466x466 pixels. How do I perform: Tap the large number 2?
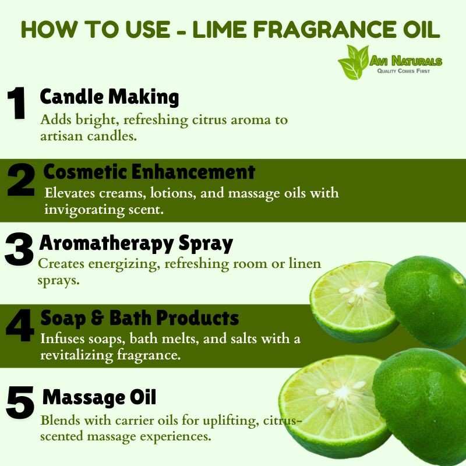21,179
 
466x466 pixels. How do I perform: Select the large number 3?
19,249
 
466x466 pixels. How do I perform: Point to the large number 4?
20,325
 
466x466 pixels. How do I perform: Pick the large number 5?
20,402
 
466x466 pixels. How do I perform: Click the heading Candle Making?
110,97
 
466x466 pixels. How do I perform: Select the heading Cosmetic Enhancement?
149,172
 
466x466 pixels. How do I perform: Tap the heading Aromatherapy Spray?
136,243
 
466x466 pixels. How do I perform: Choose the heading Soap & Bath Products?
140,318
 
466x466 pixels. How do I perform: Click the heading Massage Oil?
99,397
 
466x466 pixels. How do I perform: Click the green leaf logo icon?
354,62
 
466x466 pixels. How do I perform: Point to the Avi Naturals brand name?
405,61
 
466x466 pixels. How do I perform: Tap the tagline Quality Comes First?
404,70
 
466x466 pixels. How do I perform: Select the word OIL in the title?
417,30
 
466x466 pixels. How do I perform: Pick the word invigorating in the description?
84,210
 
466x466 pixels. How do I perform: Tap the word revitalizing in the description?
77,355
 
